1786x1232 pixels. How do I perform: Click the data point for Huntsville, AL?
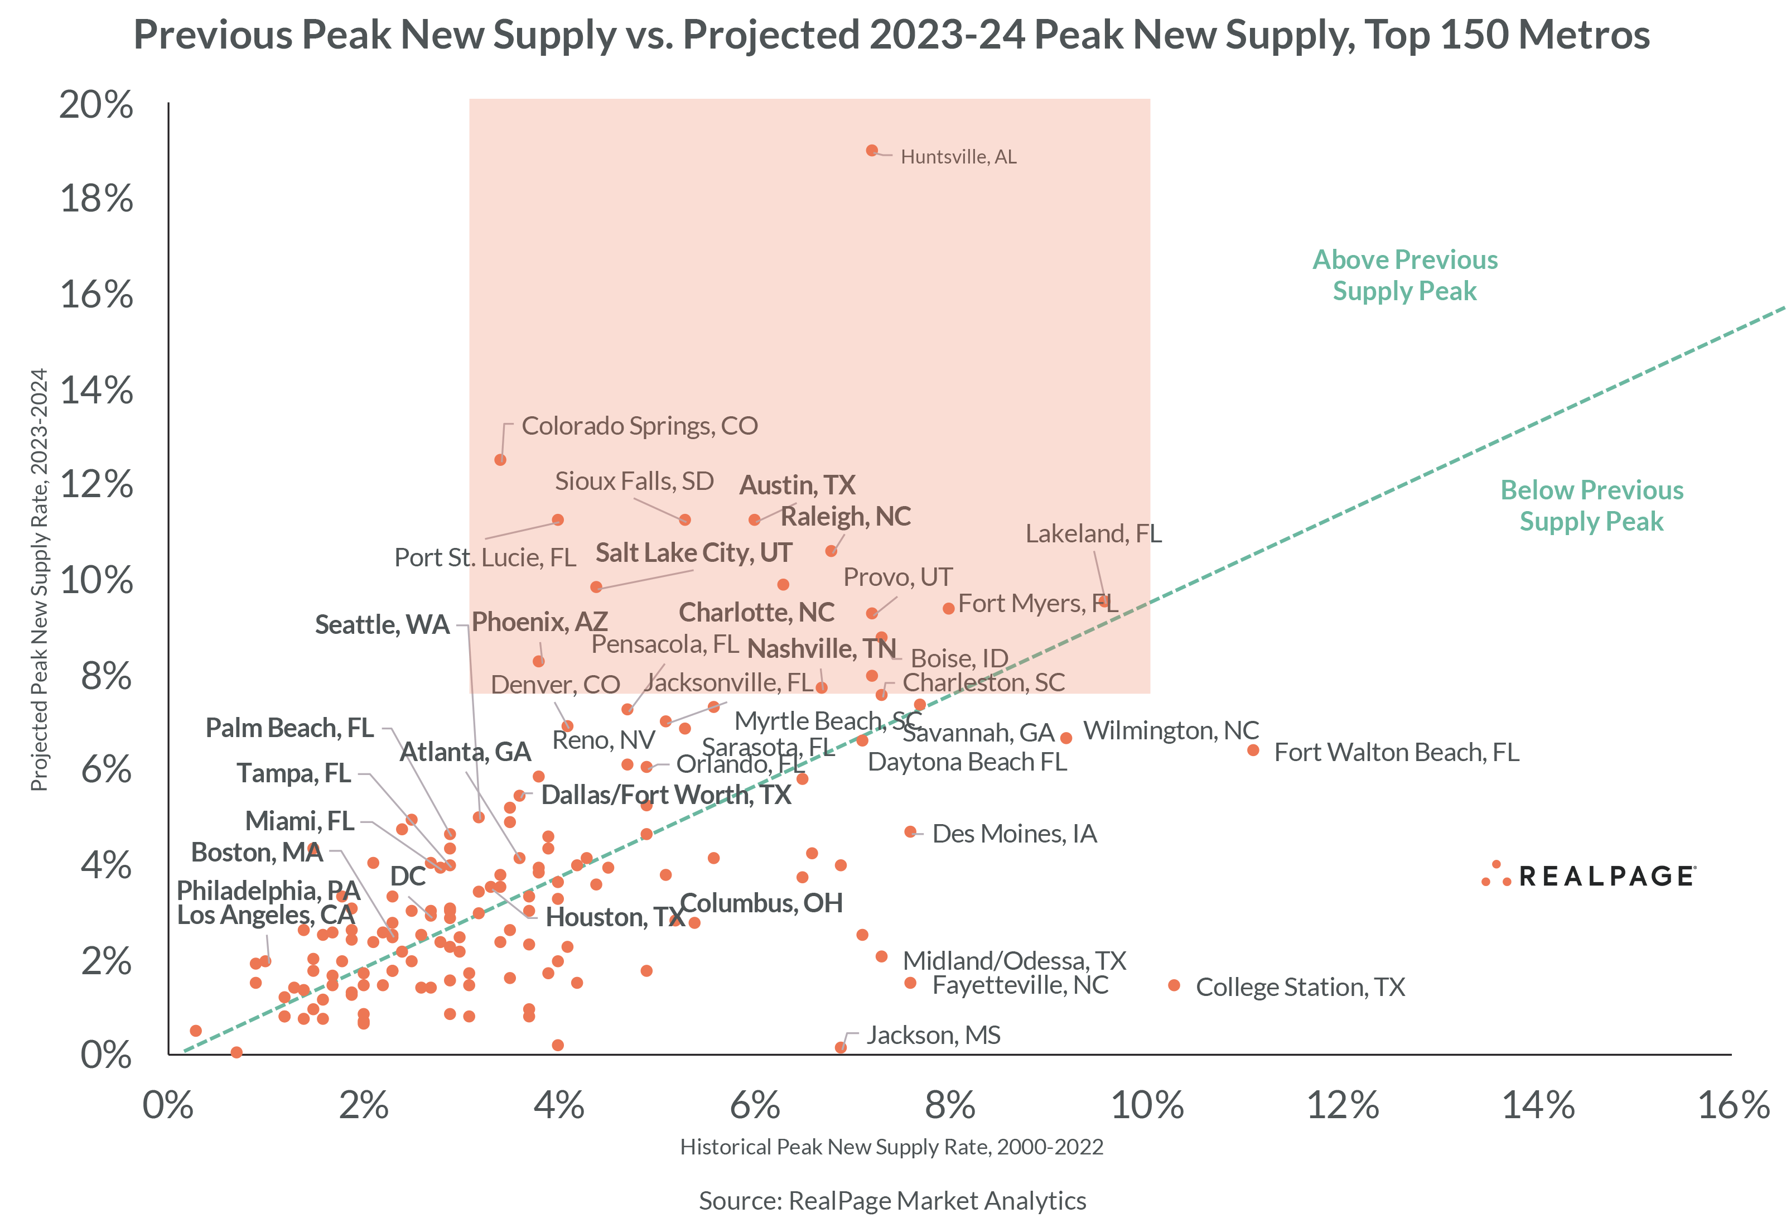pos(871,151)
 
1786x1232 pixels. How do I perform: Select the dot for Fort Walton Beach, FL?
pos(1253,750)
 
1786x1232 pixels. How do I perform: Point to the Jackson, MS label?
pos(933,1035)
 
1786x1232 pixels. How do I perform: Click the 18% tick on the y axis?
pos(96,199)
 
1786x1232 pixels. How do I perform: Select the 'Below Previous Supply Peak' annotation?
pos(1591,506)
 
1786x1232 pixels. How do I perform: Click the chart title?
pos(892,35)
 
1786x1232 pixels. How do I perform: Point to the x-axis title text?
pos(891,1147)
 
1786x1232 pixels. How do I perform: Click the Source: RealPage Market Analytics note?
pos(892,1201)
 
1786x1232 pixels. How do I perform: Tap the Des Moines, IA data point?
pos(910,832)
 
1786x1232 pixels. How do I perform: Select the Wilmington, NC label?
pos(1170,730)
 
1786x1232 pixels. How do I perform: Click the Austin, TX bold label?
pos(797,485)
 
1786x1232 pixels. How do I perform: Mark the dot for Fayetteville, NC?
pos(910,983)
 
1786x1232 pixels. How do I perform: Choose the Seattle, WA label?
pos(382,624)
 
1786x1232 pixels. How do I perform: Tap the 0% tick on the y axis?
pos(105,1055)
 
